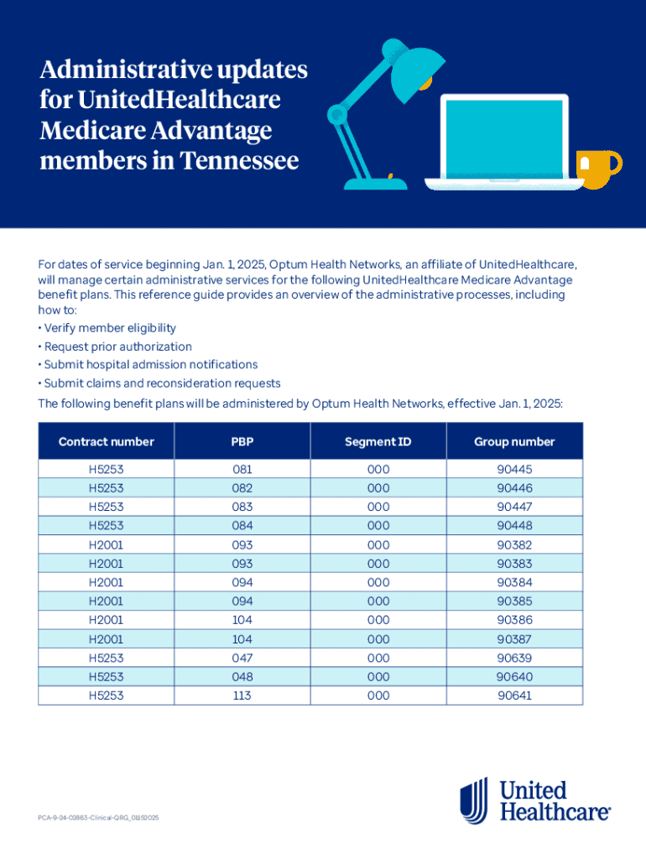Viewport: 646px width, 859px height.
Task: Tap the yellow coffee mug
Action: point(598,168)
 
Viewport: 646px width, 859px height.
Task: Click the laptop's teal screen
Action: point(504,135)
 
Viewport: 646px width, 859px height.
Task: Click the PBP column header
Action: point(242,441)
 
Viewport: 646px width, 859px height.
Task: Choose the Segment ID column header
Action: point(378,441)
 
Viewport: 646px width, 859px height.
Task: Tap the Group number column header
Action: point(514,441)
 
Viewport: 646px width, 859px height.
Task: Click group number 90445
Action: point(514,470)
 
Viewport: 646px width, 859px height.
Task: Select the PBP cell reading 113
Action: point(242,695)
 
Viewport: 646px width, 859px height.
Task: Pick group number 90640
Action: point(514,677)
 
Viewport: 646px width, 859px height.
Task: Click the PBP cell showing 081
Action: point(242,470)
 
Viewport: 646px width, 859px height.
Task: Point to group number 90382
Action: point(514,545)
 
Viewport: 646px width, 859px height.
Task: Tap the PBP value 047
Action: point(242,658)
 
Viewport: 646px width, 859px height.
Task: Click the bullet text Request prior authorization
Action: point(117,346)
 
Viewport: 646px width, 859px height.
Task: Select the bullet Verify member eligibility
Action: point(110,328)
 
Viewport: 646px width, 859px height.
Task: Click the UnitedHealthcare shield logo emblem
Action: point(474,799)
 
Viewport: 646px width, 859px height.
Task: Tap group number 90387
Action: point(514,639)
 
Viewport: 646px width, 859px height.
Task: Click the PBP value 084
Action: point(242,526)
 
